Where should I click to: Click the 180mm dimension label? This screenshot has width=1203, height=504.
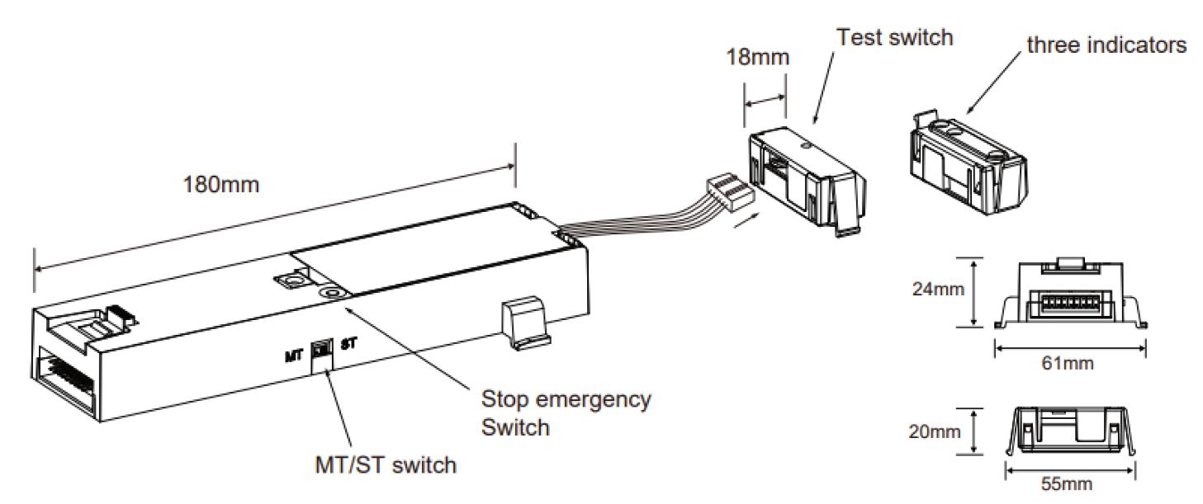pos(220,184)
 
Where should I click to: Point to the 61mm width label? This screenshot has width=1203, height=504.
pos(1070,364)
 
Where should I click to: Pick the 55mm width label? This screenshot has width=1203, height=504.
pos(1070,484)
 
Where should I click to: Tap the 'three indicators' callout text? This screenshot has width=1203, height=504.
pos(1106,46)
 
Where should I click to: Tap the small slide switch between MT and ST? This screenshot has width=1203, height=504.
pos(320,353)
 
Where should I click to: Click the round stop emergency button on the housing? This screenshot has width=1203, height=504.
pos(334,293)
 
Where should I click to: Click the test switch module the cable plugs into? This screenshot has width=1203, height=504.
pos(805,178)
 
